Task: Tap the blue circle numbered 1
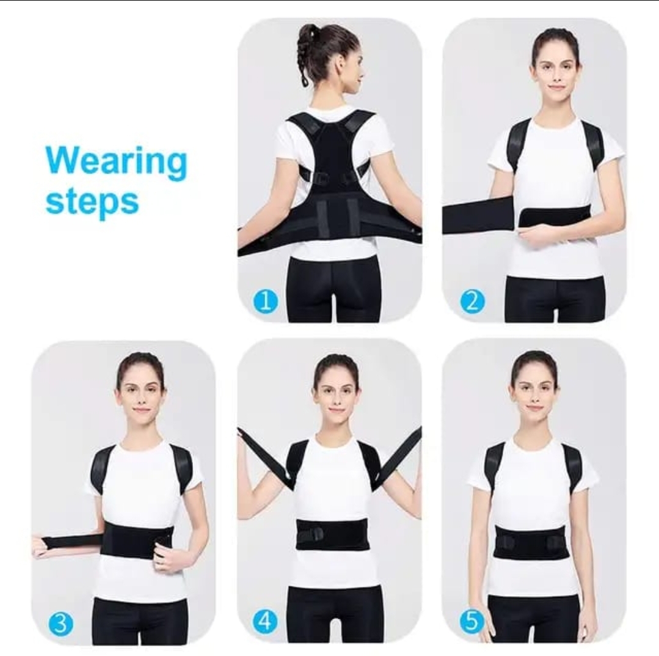(x=265, y=301)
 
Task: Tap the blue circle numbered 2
(x=472, y=301)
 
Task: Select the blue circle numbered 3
(x=60, y=624)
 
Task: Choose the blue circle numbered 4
(x=265, y=621)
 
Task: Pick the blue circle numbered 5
(x=471, y=621)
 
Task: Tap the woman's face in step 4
(x=337, y=393)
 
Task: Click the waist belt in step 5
(x=531, y=543)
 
